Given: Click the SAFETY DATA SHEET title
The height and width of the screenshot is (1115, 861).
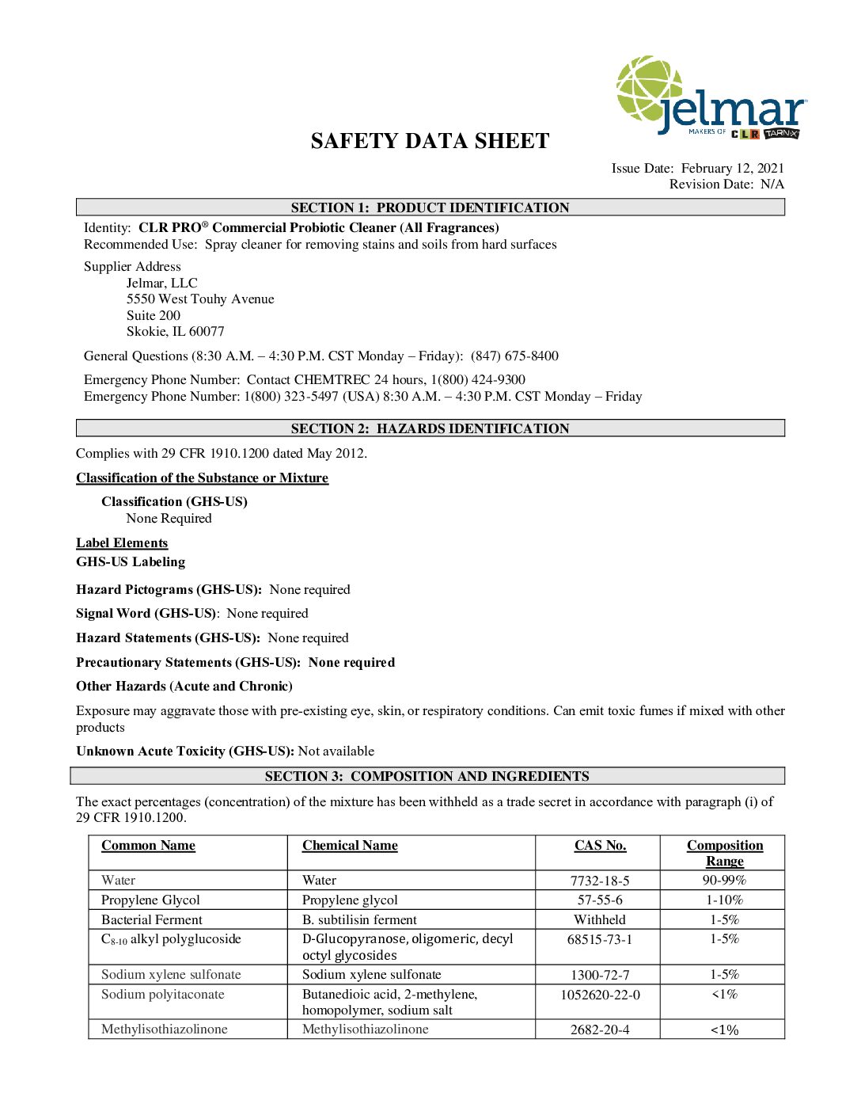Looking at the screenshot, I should coord(430,141).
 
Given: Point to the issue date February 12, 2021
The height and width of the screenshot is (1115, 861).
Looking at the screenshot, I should coord(732,168).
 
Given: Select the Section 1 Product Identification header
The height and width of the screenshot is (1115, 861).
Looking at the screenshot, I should coord(430,207).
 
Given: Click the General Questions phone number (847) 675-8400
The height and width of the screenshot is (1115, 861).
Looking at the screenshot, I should coord(514,356).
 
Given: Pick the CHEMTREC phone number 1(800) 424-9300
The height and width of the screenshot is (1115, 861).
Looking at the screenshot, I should coord(478,379).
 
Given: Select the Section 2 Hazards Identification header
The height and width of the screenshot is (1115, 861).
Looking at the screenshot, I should coord(430,428).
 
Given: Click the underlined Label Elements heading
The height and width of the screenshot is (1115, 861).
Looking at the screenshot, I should coord(122,542).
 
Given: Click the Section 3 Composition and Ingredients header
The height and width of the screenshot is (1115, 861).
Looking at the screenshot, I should coord(427,776).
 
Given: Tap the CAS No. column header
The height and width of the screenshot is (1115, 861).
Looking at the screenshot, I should coord(600,845).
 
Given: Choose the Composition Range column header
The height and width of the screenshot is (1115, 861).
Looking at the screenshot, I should coord(724,853).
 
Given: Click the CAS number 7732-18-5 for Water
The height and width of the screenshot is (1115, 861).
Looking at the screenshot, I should coord(600,881).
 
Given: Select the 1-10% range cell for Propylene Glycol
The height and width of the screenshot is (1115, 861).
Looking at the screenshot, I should coord(724,900).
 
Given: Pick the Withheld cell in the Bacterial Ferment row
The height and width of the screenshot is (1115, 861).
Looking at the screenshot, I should coord(600,919).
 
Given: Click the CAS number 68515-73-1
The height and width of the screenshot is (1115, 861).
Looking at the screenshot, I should coord(600,939).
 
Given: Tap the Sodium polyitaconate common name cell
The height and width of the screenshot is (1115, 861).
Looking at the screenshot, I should coord(163,994).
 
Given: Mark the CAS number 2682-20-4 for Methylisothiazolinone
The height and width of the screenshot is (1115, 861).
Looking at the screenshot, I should coord(600,1029).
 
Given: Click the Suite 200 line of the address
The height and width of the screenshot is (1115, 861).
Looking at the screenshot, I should coord(154,315).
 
